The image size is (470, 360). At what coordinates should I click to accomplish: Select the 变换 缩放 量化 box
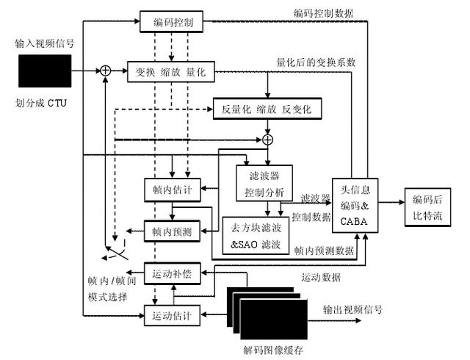170,71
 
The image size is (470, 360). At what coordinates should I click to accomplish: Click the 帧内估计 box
172,188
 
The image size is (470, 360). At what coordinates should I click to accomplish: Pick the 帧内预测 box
172,231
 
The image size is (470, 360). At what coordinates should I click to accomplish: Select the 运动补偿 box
172,274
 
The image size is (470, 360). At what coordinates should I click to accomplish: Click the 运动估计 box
172,316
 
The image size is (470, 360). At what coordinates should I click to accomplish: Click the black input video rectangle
46,71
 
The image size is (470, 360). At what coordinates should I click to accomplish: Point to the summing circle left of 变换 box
106,71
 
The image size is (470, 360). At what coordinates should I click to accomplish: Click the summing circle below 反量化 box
268,139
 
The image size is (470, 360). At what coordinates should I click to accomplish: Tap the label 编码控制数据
323,12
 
